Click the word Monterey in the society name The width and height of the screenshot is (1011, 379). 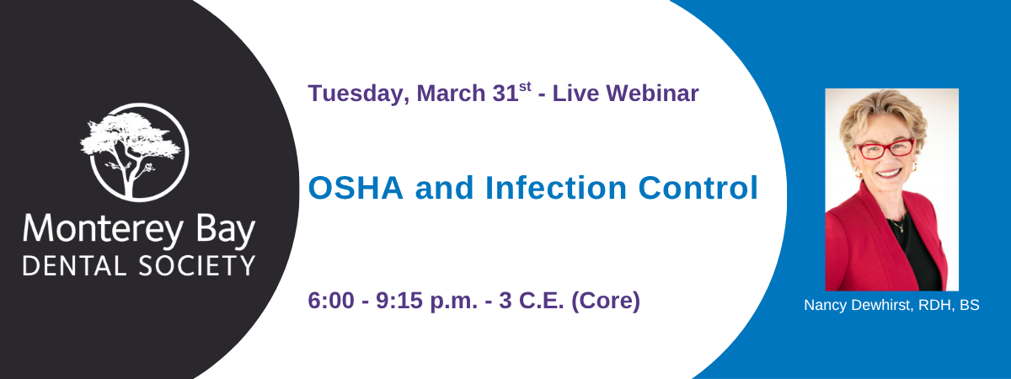[x=103, y=231]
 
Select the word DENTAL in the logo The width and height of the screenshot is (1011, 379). [x=74, y=266]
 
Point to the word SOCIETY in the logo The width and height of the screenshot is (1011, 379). [x=197, y=266]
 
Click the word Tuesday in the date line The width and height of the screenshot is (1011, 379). [x=359, y=94]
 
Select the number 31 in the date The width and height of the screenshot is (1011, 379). [x=505, y=93]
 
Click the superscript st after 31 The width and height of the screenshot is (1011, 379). [x=525, y=87]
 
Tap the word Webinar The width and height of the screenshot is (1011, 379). [x=652, y=93]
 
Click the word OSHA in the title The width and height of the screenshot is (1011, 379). [x=356, y=188]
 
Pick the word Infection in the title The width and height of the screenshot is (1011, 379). [x=556, y=188]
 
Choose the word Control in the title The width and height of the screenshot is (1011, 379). [x=698, y=188]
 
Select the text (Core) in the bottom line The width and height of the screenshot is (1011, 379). [x=606, y=302]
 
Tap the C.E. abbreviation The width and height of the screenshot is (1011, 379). [x=541, y=301]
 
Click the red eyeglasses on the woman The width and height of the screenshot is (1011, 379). [x=886, y=149]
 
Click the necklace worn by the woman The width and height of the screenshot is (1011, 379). [x=898, y=224]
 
